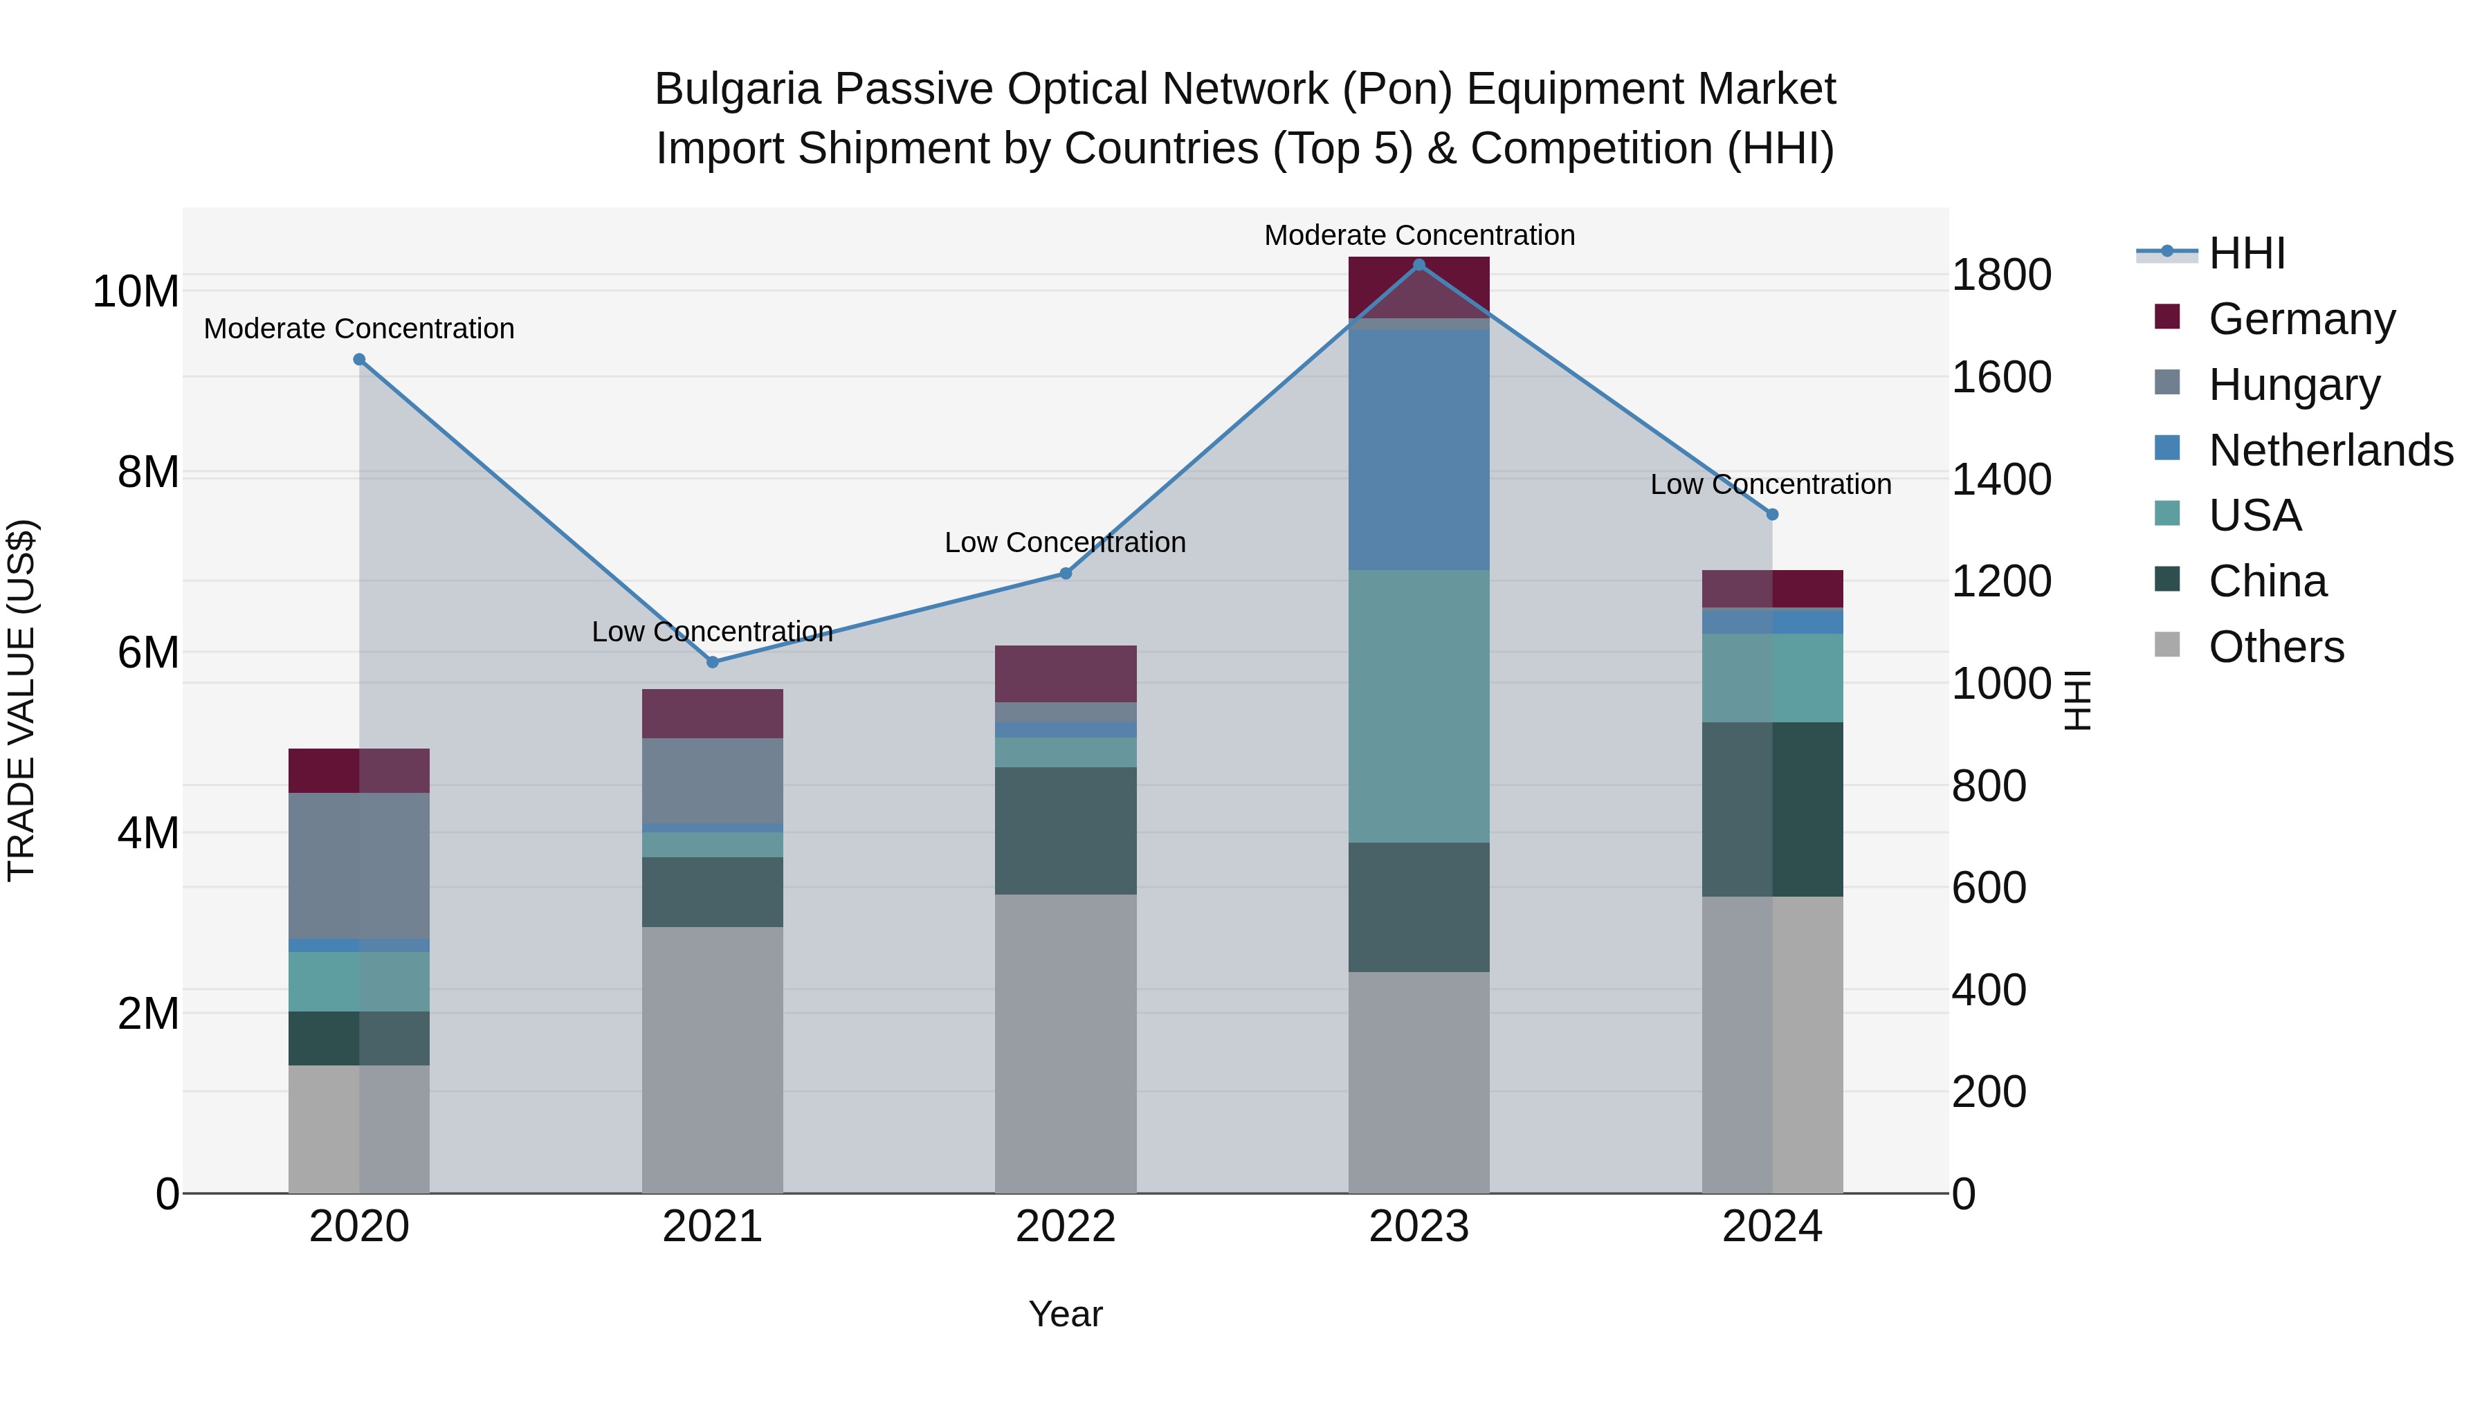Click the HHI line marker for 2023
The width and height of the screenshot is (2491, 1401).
coord(1418,265)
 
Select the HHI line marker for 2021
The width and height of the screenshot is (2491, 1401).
coord(713,662)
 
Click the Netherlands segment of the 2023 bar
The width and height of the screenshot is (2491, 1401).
coord(1418,450)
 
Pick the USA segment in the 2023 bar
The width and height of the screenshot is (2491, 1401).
coord(1418,706)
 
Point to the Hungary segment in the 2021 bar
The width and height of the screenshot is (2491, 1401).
coord(713,780)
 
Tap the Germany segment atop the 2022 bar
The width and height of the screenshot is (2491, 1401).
coord(1066,674)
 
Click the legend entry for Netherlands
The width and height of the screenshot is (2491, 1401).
coord(2330,450)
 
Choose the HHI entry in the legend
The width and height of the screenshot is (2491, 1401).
coord(2246,253)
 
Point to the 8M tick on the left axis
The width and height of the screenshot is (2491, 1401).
coord(148,473)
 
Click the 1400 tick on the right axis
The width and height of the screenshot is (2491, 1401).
coord(2000,479)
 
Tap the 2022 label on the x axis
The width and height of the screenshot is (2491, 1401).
coord(1066,1227)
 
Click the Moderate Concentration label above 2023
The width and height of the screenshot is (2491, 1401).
coord(1418,236)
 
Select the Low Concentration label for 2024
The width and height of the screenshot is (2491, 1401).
coord(1771,484)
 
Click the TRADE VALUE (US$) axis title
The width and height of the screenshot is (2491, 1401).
coord(21,700)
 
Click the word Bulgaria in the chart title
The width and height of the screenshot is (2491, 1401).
coord(738,90)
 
